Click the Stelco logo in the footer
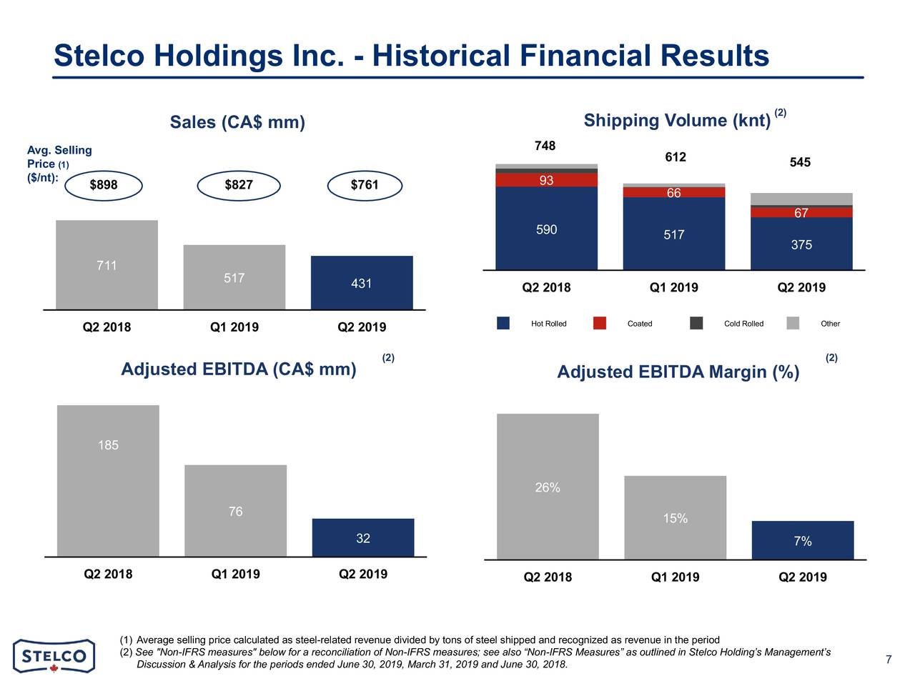click(54, 655)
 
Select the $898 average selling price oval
click(104, 186)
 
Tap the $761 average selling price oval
click(365, 186)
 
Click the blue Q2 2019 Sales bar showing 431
click(362, 283)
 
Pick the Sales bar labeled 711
click(107, 265)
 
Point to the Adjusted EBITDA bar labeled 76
click(235, 510)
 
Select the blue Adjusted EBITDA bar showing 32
click(363, 537)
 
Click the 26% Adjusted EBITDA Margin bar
click(548, 487)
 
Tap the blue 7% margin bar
click(802, 540)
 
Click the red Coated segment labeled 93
click(546, 180)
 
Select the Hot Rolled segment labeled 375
click(801, 244)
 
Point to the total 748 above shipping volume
click(545, 146)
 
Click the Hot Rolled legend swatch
click(503, 324)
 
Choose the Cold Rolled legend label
click(743, 324)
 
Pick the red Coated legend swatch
click(600, 324)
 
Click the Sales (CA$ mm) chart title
click(237, 123)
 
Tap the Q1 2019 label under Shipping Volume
click(673, 288)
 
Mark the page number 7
click(888, 660)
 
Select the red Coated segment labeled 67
click(801, 213)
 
